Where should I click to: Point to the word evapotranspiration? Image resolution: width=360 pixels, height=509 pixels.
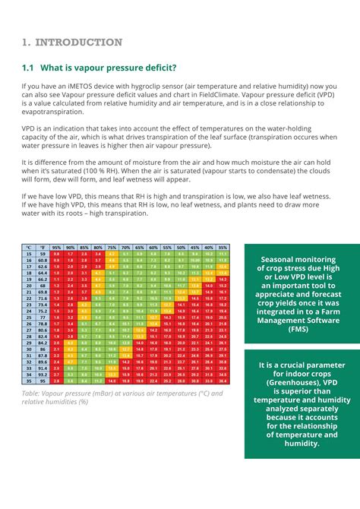(x=57, y=113)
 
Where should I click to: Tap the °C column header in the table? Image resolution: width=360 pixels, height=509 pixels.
(x=28, y=248)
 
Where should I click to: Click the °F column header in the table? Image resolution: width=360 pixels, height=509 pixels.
(x=43, y=248)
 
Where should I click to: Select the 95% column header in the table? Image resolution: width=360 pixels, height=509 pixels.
(x=56, y=248)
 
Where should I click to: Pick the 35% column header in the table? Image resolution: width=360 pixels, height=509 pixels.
(x=222, y=248)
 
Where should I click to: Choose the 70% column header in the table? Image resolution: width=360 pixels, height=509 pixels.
(x=125, y=248)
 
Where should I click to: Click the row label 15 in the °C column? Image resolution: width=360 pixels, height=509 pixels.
(x=28, y=254)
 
